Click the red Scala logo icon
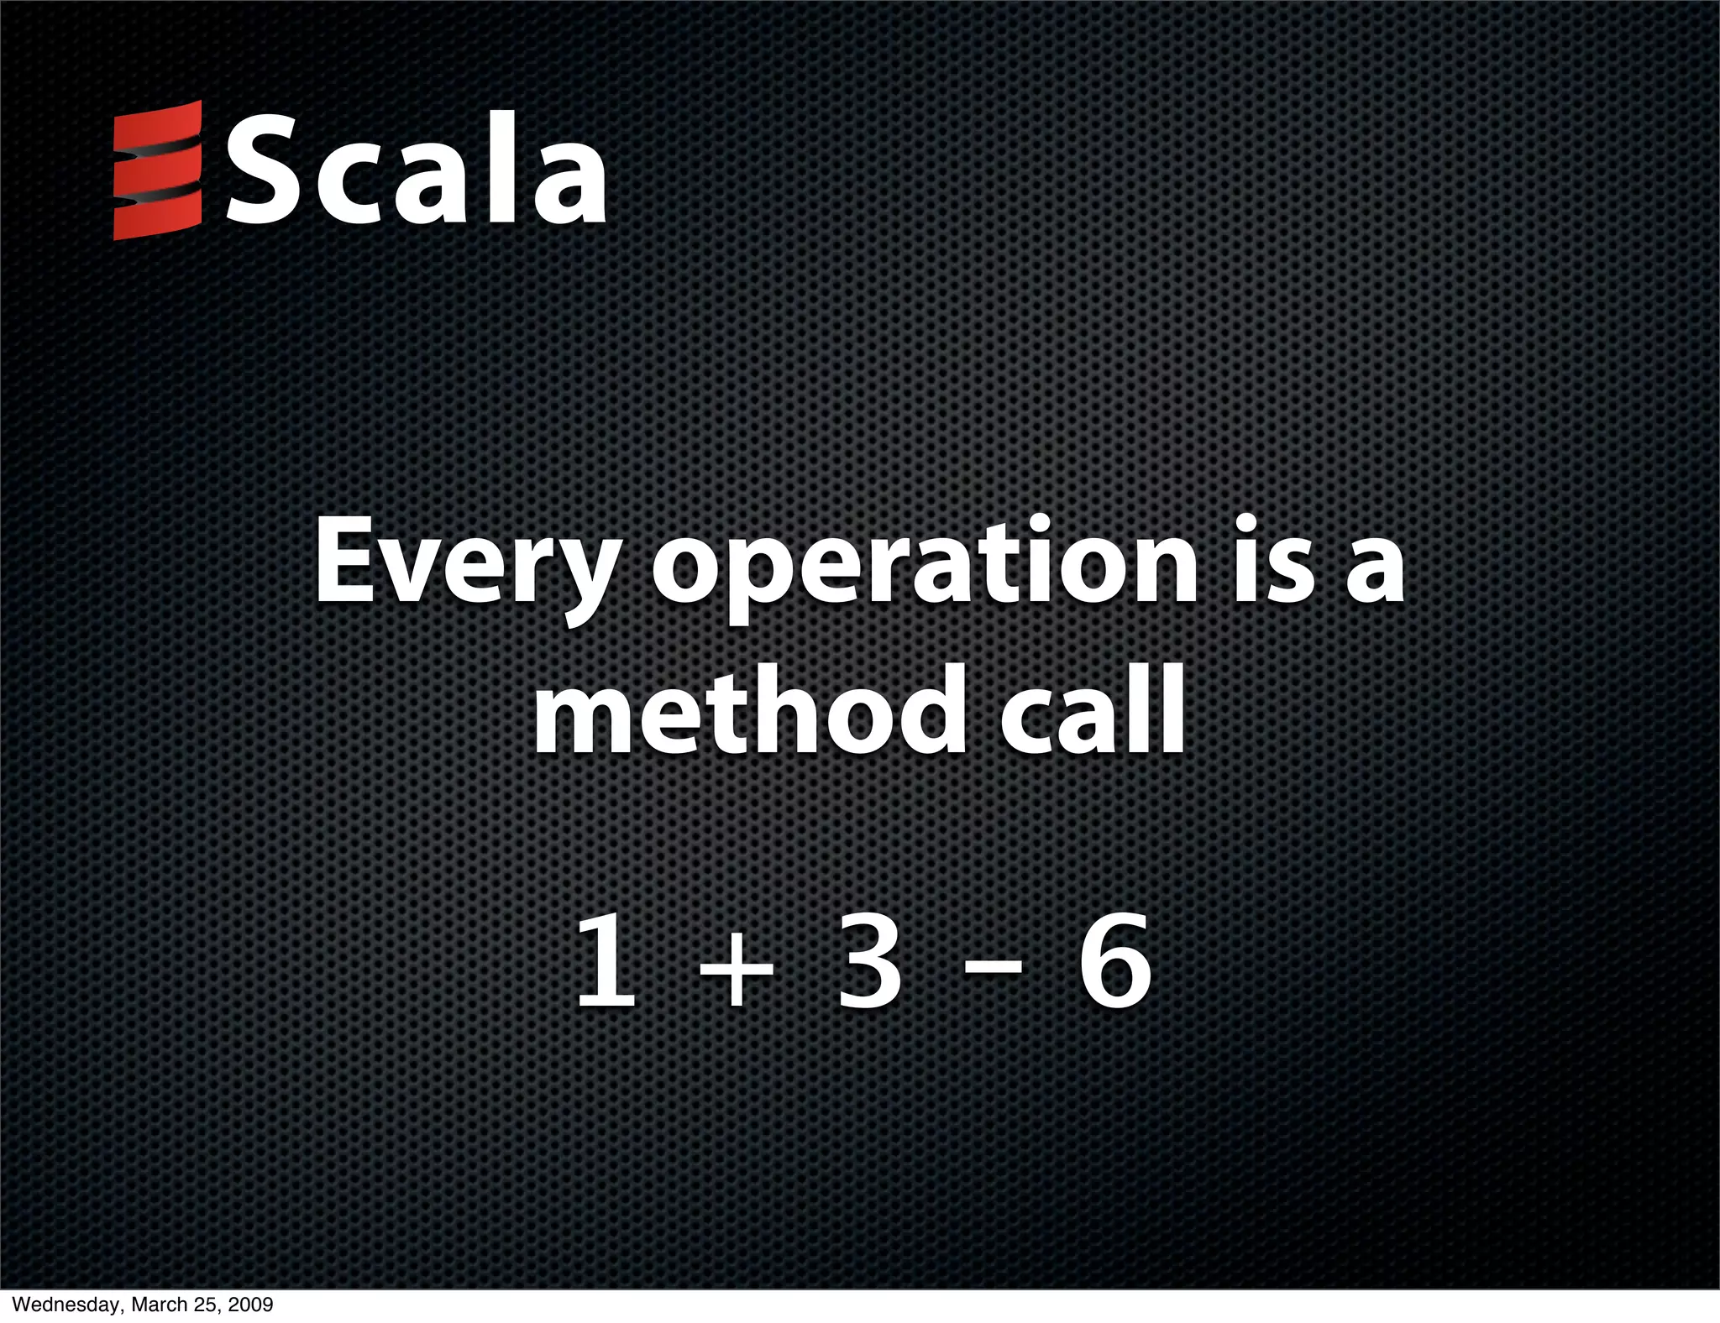[x=157, y=170]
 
